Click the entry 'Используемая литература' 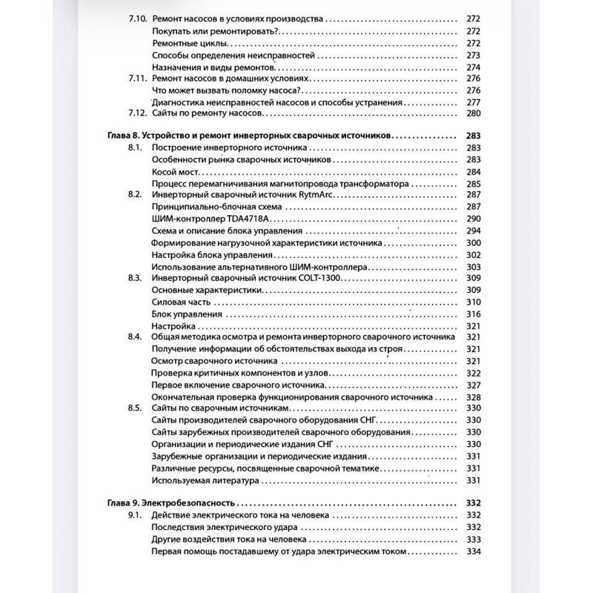tap(205, 480)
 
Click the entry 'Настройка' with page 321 tap(173, 325)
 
